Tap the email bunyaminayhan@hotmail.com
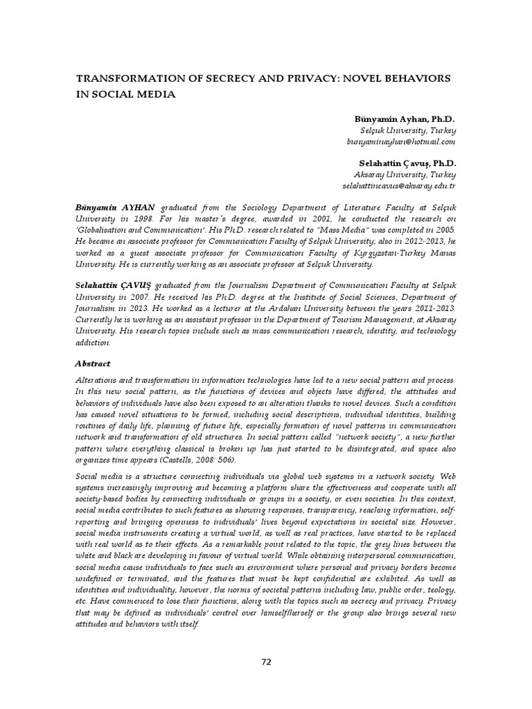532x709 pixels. (401, 141)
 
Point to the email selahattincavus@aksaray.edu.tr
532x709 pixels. (399, 186)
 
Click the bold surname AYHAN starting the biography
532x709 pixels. (139, 208)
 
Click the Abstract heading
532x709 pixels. (92, 364)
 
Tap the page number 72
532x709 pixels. (266, 662)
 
